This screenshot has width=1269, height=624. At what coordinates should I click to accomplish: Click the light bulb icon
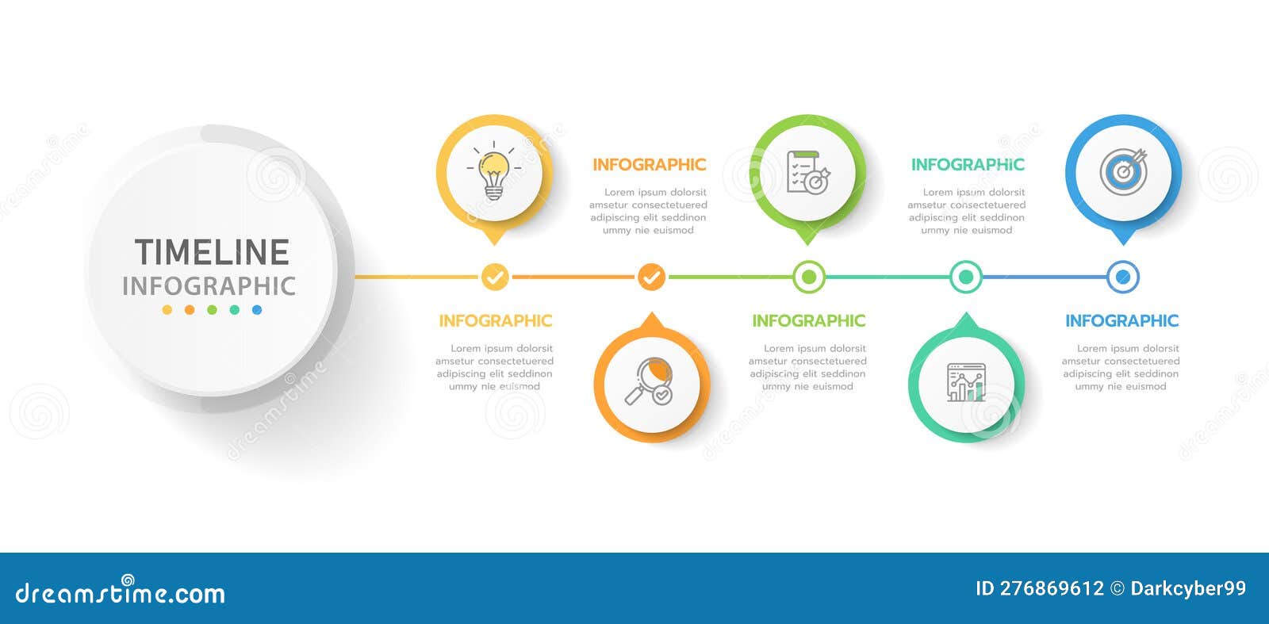pos(493,174)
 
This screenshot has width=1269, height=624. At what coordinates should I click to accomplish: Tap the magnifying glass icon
pos(650,382)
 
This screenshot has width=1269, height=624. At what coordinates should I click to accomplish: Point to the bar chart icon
pos(966,382)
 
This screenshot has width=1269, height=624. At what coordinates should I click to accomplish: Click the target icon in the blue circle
pos(1123,171)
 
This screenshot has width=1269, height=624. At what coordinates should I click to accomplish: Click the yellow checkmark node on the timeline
pos(495,278)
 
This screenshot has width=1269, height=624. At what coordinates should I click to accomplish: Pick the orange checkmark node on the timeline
pos(651,278)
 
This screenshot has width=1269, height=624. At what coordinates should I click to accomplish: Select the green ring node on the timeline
pos(809,278)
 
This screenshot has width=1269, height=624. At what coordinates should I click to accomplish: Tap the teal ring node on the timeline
pos(966,278)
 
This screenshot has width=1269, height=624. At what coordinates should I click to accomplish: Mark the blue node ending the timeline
pos(1123,278)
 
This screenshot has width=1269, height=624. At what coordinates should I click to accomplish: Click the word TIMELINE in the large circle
pos(212,252)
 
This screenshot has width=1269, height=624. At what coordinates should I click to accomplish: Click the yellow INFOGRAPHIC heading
pos(495,321)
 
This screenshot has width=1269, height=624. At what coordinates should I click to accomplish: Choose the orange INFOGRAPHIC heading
pos(649,165)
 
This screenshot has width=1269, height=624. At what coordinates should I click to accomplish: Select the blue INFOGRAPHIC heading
pos(1121,321)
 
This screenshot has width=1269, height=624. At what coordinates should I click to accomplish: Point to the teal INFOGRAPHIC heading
pos(968,165)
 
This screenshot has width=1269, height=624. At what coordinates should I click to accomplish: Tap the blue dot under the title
pos(257,310)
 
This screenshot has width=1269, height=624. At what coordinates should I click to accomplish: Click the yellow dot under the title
pos(167,310)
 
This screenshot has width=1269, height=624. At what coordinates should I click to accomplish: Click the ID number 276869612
pos(1052,588)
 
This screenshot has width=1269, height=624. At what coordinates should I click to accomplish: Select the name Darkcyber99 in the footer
pos(1188,588)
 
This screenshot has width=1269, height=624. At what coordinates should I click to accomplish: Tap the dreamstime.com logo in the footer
pos(121,593)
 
